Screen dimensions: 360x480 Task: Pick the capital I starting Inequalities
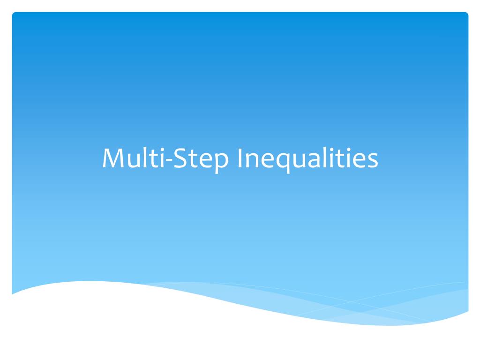pos(240,159)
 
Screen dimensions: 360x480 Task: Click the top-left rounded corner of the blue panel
pos(14,15)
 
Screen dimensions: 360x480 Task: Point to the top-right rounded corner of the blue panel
pos(466,15)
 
